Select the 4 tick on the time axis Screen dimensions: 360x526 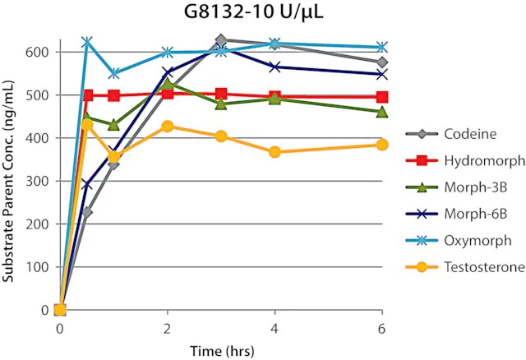[275, 328]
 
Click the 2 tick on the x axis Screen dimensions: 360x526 [167, 328]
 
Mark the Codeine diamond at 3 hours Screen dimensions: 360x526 [221, 39]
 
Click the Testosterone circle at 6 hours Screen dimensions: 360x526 [382, 145]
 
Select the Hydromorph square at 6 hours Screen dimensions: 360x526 [382, 97]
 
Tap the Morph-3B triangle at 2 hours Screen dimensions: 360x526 [167, 83]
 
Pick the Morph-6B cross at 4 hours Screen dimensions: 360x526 [275, 67]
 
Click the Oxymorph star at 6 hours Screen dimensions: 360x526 [382, 47]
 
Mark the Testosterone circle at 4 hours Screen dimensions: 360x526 [275, 152]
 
